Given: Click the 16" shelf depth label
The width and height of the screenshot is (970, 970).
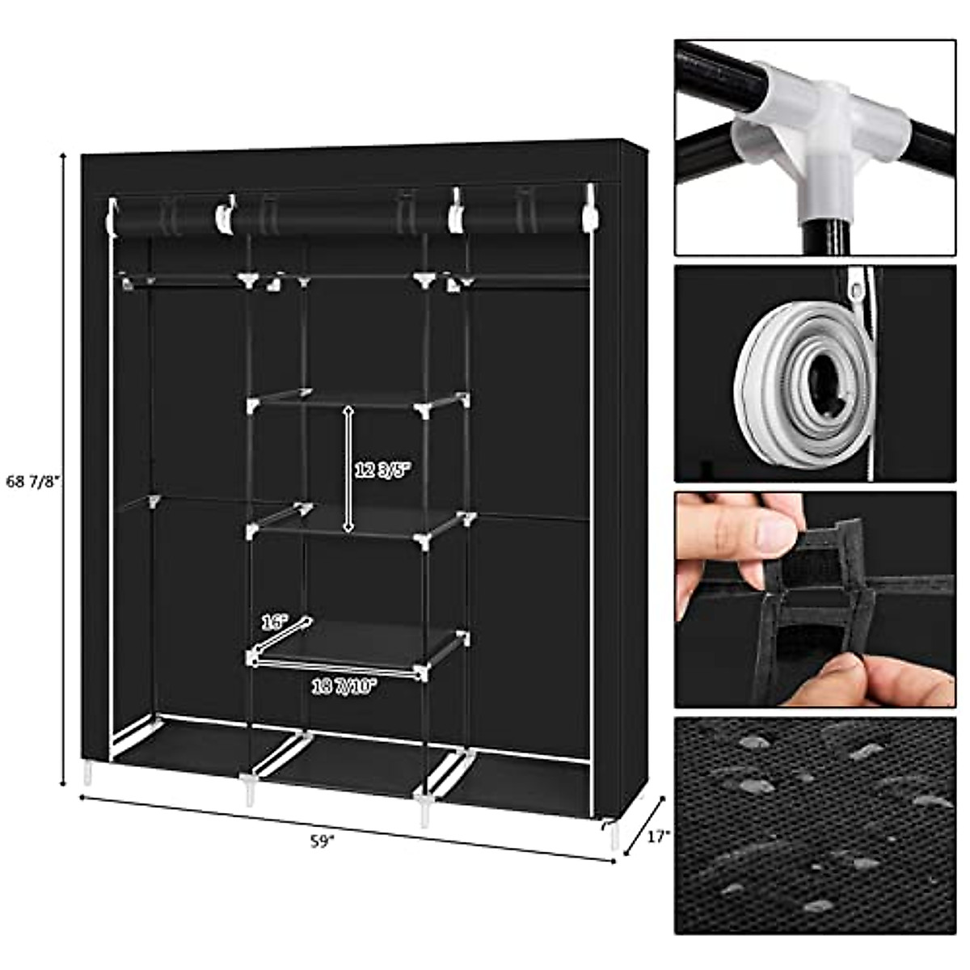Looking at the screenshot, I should click(x=274, y=622).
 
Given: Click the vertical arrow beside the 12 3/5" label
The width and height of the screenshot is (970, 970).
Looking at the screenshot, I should click(x=348, y=469).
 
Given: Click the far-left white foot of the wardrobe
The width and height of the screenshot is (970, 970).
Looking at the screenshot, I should click(x=86, y=773).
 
